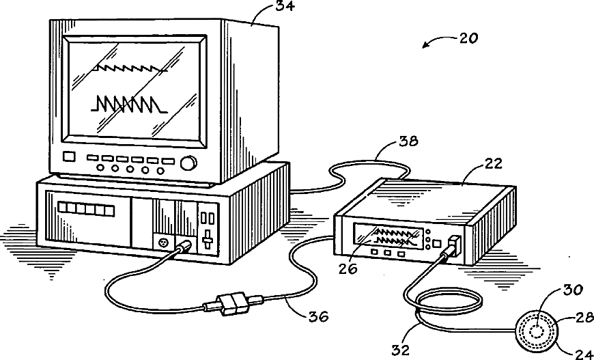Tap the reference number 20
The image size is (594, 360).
[x=468, y=38]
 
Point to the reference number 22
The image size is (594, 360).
[x=493, y=164]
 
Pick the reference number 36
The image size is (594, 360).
[x=317, y=316]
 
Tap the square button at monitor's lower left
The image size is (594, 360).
[x=68, y=156]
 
